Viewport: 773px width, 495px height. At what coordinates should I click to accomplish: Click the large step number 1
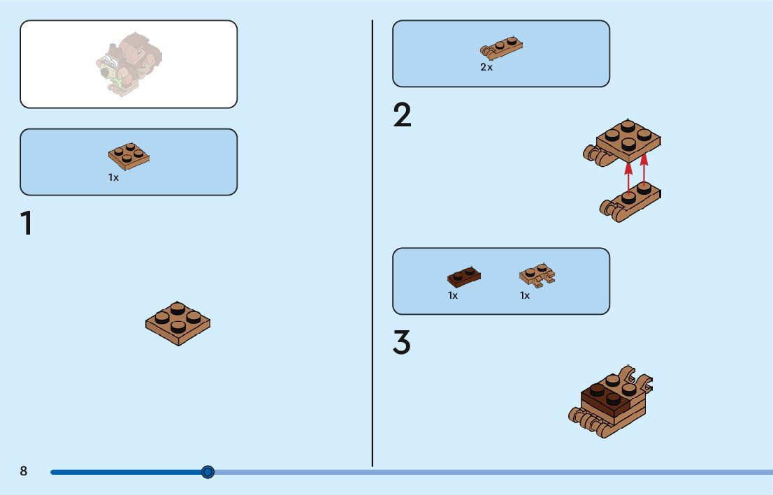tap(27, 223)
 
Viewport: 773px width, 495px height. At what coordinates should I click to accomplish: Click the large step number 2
tap(403, 116)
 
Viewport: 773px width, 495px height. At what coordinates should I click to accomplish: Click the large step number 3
tap(402, 343)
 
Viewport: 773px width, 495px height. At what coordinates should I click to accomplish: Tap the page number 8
tap(24, 471)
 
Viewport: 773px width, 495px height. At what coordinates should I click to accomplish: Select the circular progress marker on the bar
tap(208, 472)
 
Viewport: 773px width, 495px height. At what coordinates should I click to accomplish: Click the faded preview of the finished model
tap(129, 64)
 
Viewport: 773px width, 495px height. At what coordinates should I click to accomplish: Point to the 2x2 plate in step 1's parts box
tap(129, 156)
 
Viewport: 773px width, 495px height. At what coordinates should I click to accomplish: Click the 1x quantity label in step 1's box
tap(113, 178)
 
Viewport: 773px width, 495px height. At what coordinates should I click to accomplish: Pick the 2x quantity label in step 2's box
tap(486, 68)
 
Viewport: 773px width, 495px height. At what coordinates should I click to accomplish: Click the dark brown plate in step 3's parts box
tap(463, 276)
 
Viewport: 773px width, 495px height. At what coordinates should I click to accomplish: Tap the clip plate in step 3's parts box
tap(537, 275)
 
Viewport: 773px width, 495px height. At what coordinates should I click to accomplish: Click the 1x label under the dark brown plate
tap(453, 295)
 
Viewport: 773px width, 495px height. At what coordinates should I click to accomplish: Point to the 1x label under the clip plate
tap(525, 295)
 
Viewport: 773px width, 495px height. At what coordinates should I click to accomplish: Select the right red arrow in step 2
tap(644, 173)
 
